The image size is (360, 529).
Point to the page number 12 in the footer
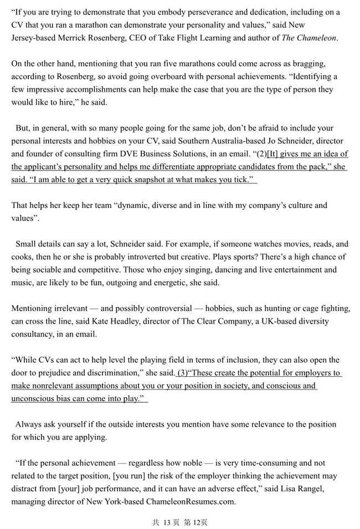pyautogui.click(x=197, y=521)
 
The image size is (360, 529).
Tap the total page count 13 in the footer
pyautogui.click(x=167, y=521)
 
